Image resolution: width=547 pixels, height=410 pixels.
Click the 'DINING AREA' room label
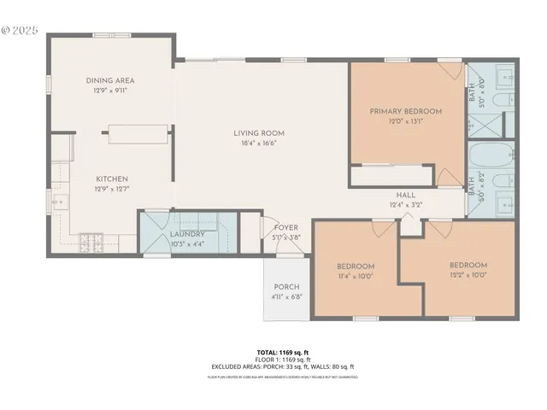tap(110, 80)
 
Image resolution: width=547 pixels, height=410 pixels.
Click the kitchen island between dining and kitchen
tap(137, 132)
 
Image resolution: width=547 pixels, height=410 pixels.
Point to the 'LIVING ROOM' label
tap(259, 133)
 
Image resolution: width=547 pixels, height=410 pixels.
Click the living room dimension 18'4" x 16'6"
tap(259, 144)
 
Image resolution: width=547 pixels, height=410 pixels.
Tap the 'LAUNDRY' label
tap(186, 233)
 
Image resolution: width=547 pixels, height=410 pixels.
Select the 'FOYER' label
tap(285, 228)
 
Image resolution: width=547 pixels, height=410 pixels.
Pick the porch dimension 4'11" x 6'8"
tap(285, 296)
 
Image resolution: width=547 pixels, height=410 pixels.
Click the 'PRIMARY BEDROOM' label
tap(405, 111)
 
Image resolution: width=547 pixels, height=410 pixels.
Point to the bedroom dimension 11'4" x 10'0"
tap(355, 276)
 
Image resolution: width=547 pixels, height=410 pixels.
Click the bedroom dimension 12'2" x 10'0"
tap(468, 275)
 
